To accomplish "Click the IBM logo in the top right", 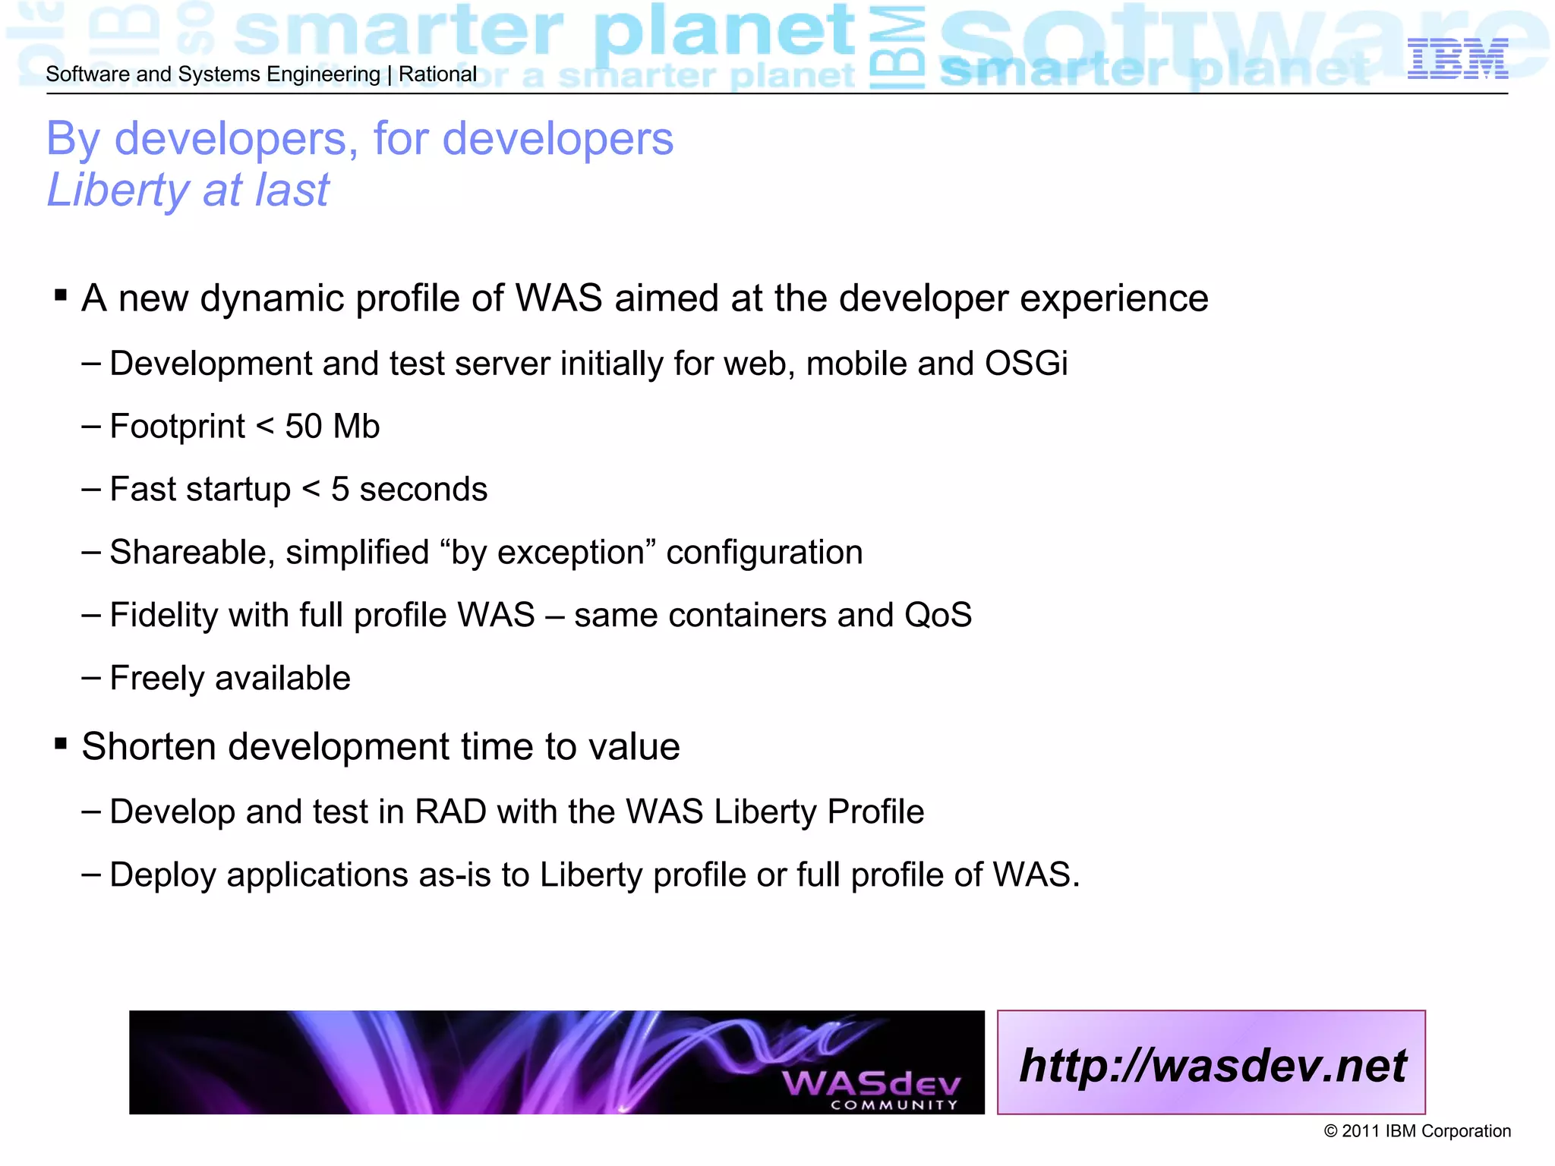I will pos(1457,59).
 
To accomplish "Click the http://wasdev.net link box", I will pos(1211,1063).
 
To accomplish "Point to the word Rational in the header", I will pos(437,74).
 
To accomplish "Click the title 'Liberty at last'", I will pos(188,190).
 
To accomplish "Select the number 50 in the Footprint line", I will pos(303,427).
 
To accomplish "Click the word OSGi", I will pos(1026,364).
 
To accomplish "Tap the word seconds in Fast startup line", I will pos(423,490).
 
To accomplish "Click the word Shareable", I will pos(192,553).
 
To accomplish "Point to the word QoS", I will pos(938,616).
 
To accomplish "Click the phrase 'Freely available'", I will pos(230,679).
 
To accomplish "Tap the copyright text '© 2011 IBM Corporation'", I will pos(1417,1131).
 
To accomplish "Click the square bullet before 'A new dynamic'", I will pos(61,295).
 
